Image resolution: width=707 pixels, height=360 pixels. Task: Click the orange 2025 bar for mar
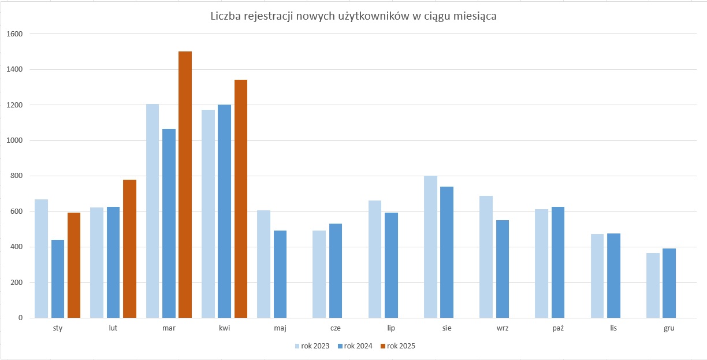coord(185,185)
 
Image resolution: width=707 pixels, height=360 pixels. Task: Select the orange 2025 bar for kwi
coord(240,199)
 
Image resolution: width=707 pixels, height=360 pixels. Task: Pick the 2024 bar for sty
coord(58,279)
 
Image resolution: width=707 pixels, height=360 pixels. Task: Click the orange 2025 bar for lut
coord(129,248)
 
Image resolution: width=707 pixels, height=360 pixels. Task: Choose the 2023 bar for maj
coord(263,264)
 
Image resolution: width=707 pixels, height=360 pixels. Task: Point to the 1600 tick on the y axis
coord(14,34)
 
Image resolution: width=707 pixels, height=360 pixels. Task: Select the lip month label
coord(391,328)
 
